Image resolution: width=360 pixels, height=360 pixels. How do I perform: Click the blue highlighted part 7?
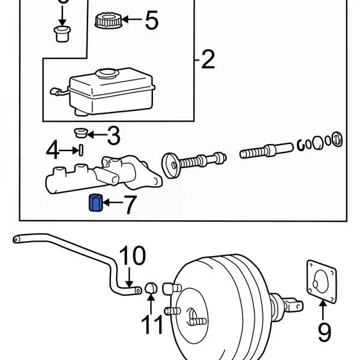(95, 203)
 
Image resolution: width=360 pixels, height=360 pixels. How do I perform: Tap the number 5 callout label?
(151, 22)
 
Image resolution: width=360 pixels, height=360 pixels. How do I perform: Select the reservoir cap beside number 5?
(109, 20)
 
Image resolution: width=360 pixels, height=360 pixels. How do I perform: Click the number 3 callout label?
(113, 136)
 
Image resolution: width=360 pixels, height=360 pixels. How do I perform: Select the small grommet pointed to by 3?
(81, 132)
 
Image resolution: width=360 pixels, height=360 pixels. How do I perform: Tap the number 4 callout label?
(54, 150)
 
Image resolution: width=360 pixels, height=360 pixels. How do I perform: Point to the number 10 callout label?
(131, 256)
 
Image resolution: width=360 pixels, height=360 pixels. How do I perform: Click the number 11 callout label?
(152, 325)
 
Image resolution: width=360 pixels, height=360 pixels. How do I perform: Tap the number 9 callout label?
(324, 330)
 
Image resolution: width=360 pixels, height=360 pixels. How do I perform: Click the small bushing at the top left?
(62, 33)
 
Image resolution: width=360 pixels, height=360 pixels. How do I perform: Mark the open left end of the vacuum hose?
(15, 239)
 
